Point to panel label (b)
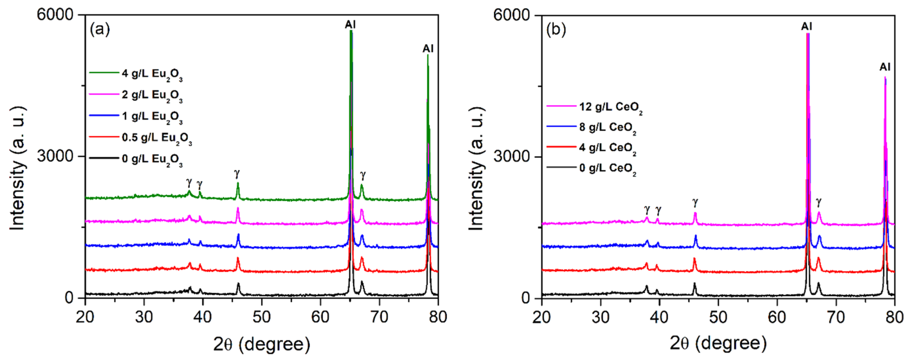click(x=556, y=29)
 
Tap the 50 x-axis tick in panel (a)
click(x=262, y=317)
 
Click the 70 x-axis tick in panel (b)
click(x=836, y=317)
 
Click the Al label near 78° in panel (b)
click(x=885, y=67)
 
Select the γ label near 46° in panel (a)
click(x=237, y=174)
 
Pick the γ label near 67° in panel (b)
click(x=818, y=202)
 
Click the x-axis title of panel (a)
click(x=262, y=344)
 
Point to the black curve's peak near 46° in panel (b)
click(x=694, y=284)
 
